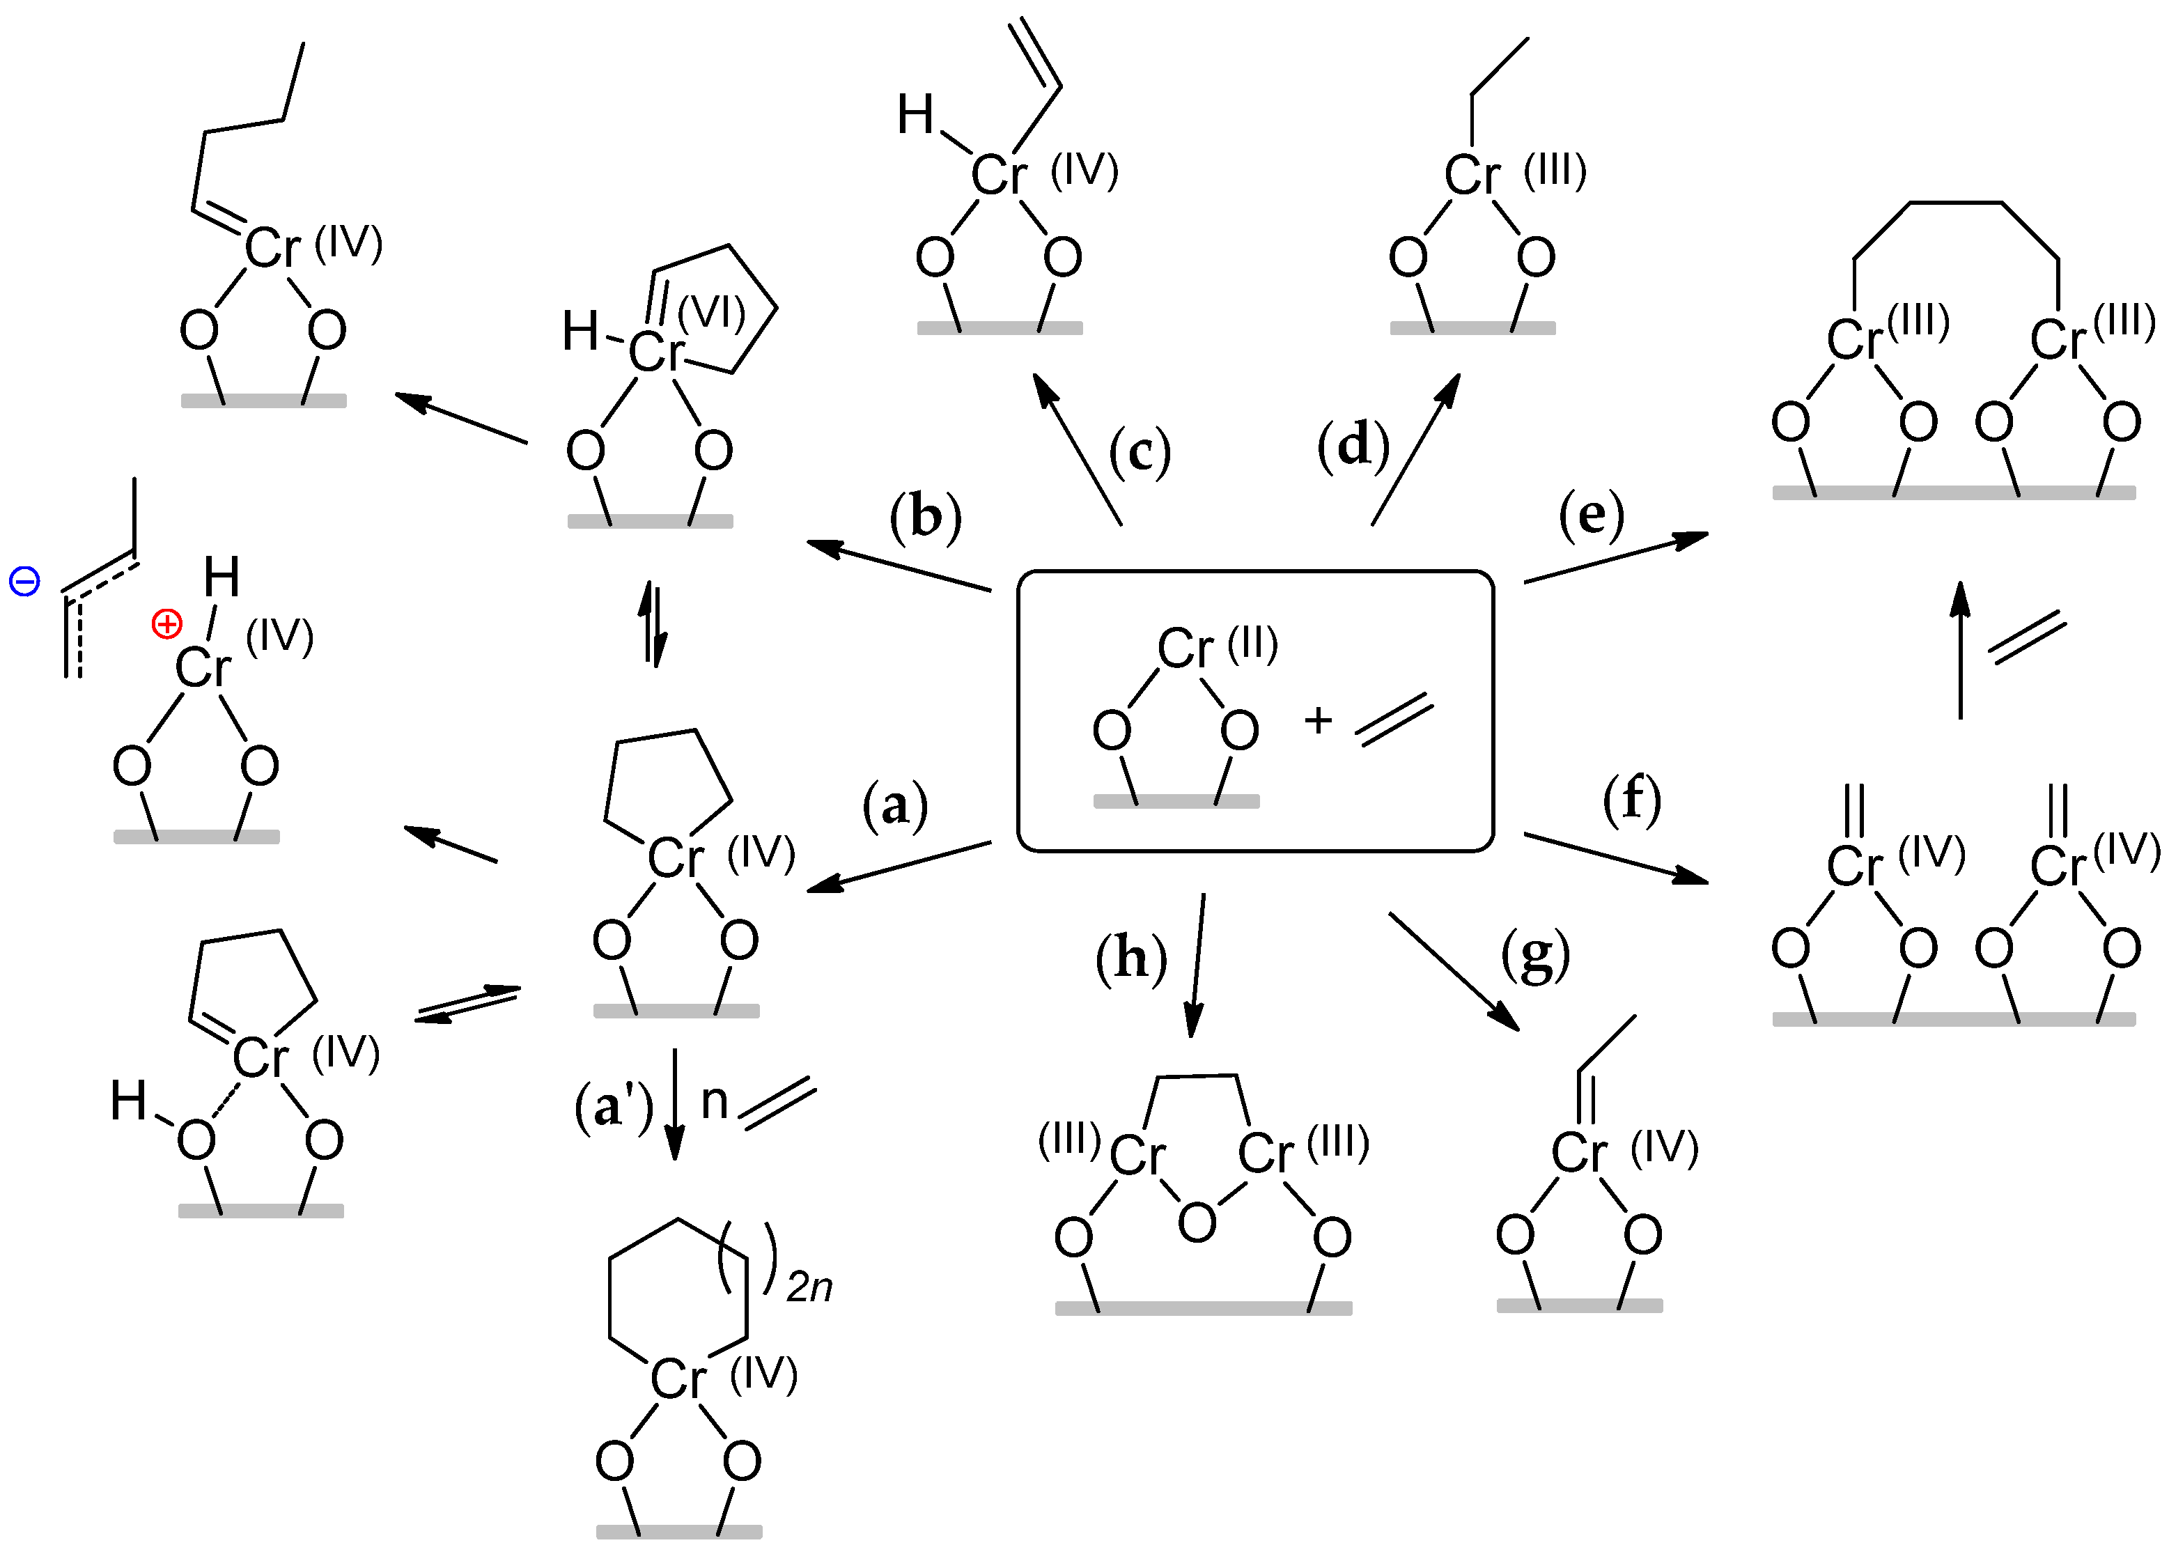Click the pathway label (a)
(894, 806)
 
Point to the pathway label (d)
(1353, 445)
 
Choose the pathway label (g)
(1535, 955)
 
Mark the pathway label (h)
(1131, 959)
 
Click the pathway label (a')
(614, 1108)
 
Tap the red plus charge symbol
(167, 625)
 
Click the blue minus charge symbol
(24, 581)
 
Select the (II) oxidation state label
(1252, 645)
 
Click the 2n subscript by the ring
(809, 1288)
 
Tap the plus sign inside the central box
(1318, 720)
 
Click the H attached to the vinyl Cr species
(915, 116)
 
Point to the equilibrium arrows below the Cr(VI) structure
(653, 624)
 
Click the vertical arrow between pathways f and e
(1961, 650)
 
